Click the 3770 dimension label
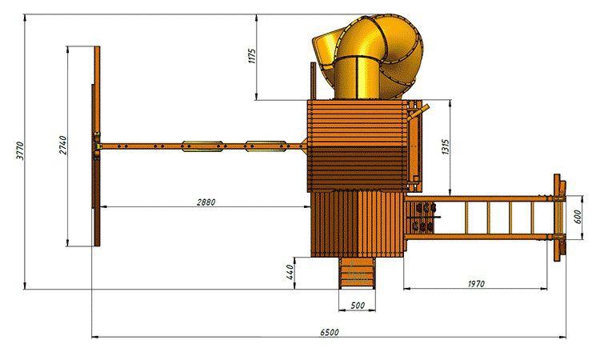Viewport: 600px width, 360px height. (x=20, y=150)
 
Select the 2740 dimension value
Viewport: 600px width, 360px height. (x=62, y=146)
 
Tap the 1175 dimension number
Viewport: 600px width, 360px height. (x=252, y=56)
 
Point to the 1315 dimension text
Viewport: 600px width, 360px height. (x=446, y=147)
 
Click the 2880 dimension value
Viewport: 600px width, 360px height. (x=206, y=202)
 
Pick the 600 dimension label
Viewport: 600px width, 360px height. (x=578, y=217)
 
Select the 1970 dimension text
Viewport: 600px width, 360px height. (x=476, y=284)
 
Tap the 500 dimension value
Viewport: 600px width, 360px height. (x=358, y=306)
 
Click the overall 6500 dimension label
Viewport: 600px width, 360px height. (x=330, y=332)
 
